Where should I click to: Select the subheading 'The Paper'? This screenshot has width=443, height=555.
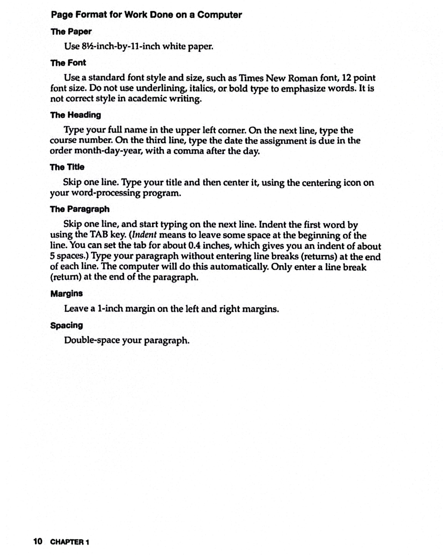(x=71, y=32)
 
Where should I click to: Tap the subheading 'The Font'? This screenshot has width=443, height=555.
(x=68, y=63)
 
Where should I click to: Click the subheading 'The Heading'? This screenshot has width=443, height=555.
(x=76, y=115)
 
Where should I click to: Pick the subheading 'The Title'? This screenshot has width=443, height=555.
(x=67, y=167)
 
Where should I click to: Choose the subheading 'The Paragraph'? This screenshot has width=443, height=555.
(x=80, y=209)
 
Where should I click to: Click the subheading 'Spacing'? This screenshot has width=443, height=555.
(x=67, y=325)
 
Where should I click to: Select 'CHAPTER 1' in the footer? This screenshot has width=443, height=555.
(x=70, y=542)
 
